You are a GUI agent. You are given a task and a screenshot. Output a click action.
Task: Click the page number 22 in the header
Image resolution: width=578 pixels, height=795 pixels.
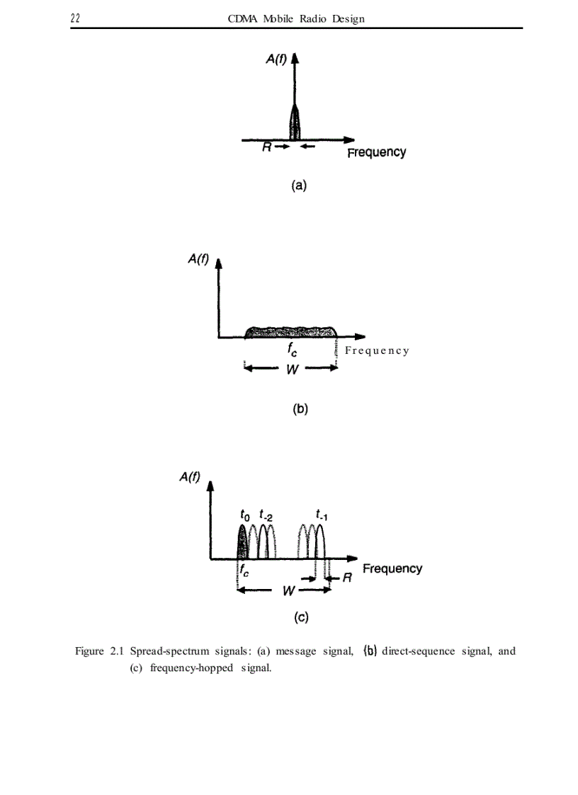click(x=75, y=18)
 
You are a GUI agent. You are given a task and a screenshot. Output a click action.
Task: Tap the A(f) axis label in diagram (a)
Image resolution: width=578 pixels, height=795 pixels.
click(x=276, y=59)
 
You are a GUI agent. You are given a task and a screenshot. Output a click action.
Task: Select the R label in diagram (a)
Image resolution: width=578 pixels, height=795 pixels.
click(x=266, y=147)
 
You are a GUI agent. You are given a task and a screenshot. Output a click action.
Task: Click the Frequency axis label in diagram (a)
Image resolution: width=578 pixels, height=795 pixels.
click(x=377, y=153)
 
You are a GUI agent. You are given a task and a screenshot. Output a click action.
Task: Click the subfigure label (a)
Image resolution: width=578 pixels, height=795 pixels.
click(x=299, y=185)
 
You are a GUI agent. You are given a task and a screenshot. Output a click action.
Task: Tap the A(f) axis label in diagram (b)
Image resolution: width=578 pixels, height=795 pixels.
click(x=198, y=259)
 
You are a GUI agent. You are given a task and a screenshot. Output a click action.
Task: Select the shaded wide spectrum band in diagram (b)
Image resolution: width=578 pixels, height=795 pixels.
click(x=290, y=332)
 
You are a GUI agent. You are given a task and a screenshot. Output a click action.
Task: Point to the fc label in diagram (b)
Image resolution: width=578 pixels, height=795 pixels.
click(x=292, y=349)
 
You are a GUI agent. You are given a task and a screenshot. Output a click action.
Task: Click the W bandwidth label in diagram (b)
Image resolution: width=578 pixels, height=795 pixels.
click(x=292, y=369)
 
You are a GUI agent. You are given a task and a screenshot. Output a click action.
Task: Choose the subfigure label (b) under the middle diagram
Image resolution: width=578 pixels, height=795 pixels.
click(x=300, y=409)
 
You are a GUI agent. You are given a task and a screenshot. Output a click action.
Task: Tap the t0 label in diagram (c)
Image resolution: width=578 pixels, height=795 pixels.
click(x=244, y=515)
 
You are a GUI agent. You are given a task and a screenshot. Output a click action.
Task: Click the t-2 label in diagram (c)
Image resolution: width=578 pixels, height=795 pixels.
click(x=266, y=515)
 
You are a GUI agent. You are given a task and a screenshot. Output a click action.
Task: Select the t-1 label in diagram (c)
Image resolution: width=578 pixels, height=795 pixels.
click(x=321, y=515)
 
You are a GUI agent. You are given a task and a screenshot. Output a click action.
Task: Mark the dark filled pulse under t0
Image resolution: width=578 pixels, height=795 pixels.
click(x=242, y=542)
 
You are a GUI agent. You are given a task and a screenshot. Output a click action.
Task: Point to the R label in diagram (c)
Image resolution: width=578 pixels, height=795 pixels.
click(x=347, y=578)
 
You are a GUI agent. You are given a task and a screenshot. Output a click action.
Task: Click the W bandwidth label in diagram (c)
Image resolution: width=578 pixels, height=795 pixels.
click(x=288, y=590)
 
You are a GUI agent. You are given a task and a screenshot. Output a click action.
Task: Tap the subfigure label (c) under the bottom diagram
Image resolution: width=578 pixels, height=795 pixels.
click(x=301, y=617)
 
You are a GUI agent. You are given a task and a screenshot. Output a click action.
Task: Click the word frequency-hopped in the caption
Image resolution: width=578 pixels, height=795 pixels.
click(x=191, y=668)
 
